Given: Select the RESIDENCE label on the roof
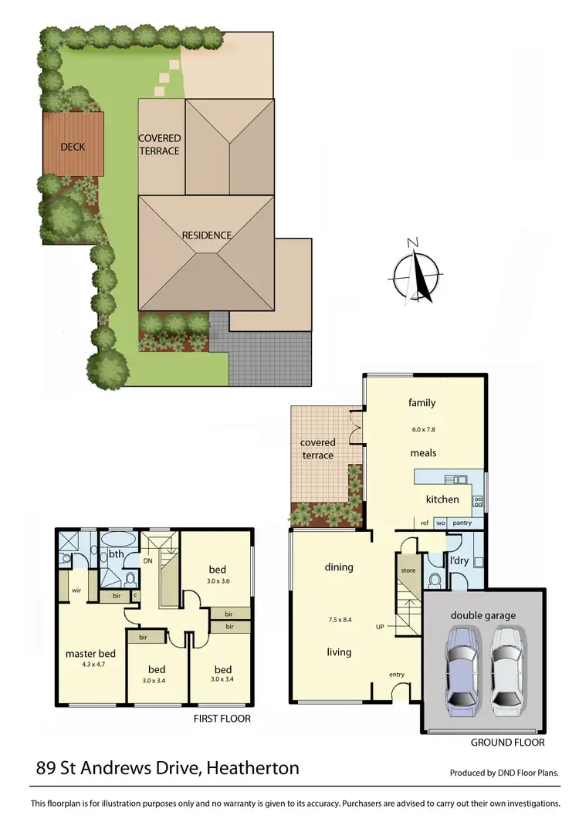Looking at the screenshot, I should pyautogui.click(x=207, y=235).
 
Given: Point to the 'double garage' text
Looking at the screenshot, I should pyautogui.click(x=483, y=615).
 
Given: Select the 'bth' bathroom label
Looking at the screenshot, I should pyautogui.click(x=117, y=553).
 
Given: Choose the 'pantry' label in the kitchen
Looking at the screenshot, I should pyautogui.click(x=462, y=523).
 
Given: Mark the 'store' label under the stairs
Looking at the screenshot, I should pyautogui.click(x=408, y=570).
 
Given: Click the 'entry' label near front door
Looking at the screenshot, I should pyautogui.click(x=397, y=675).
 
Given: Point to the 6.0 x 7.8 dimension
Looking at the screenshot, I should pyautogui.click(x=422, y=428).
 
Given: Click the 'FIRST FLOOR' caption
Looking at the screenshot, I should pyautogui.click(x=222, y=719).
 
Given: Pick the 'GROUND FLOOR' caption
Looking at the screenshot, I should pyautogui.click(x=507, y=743).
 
